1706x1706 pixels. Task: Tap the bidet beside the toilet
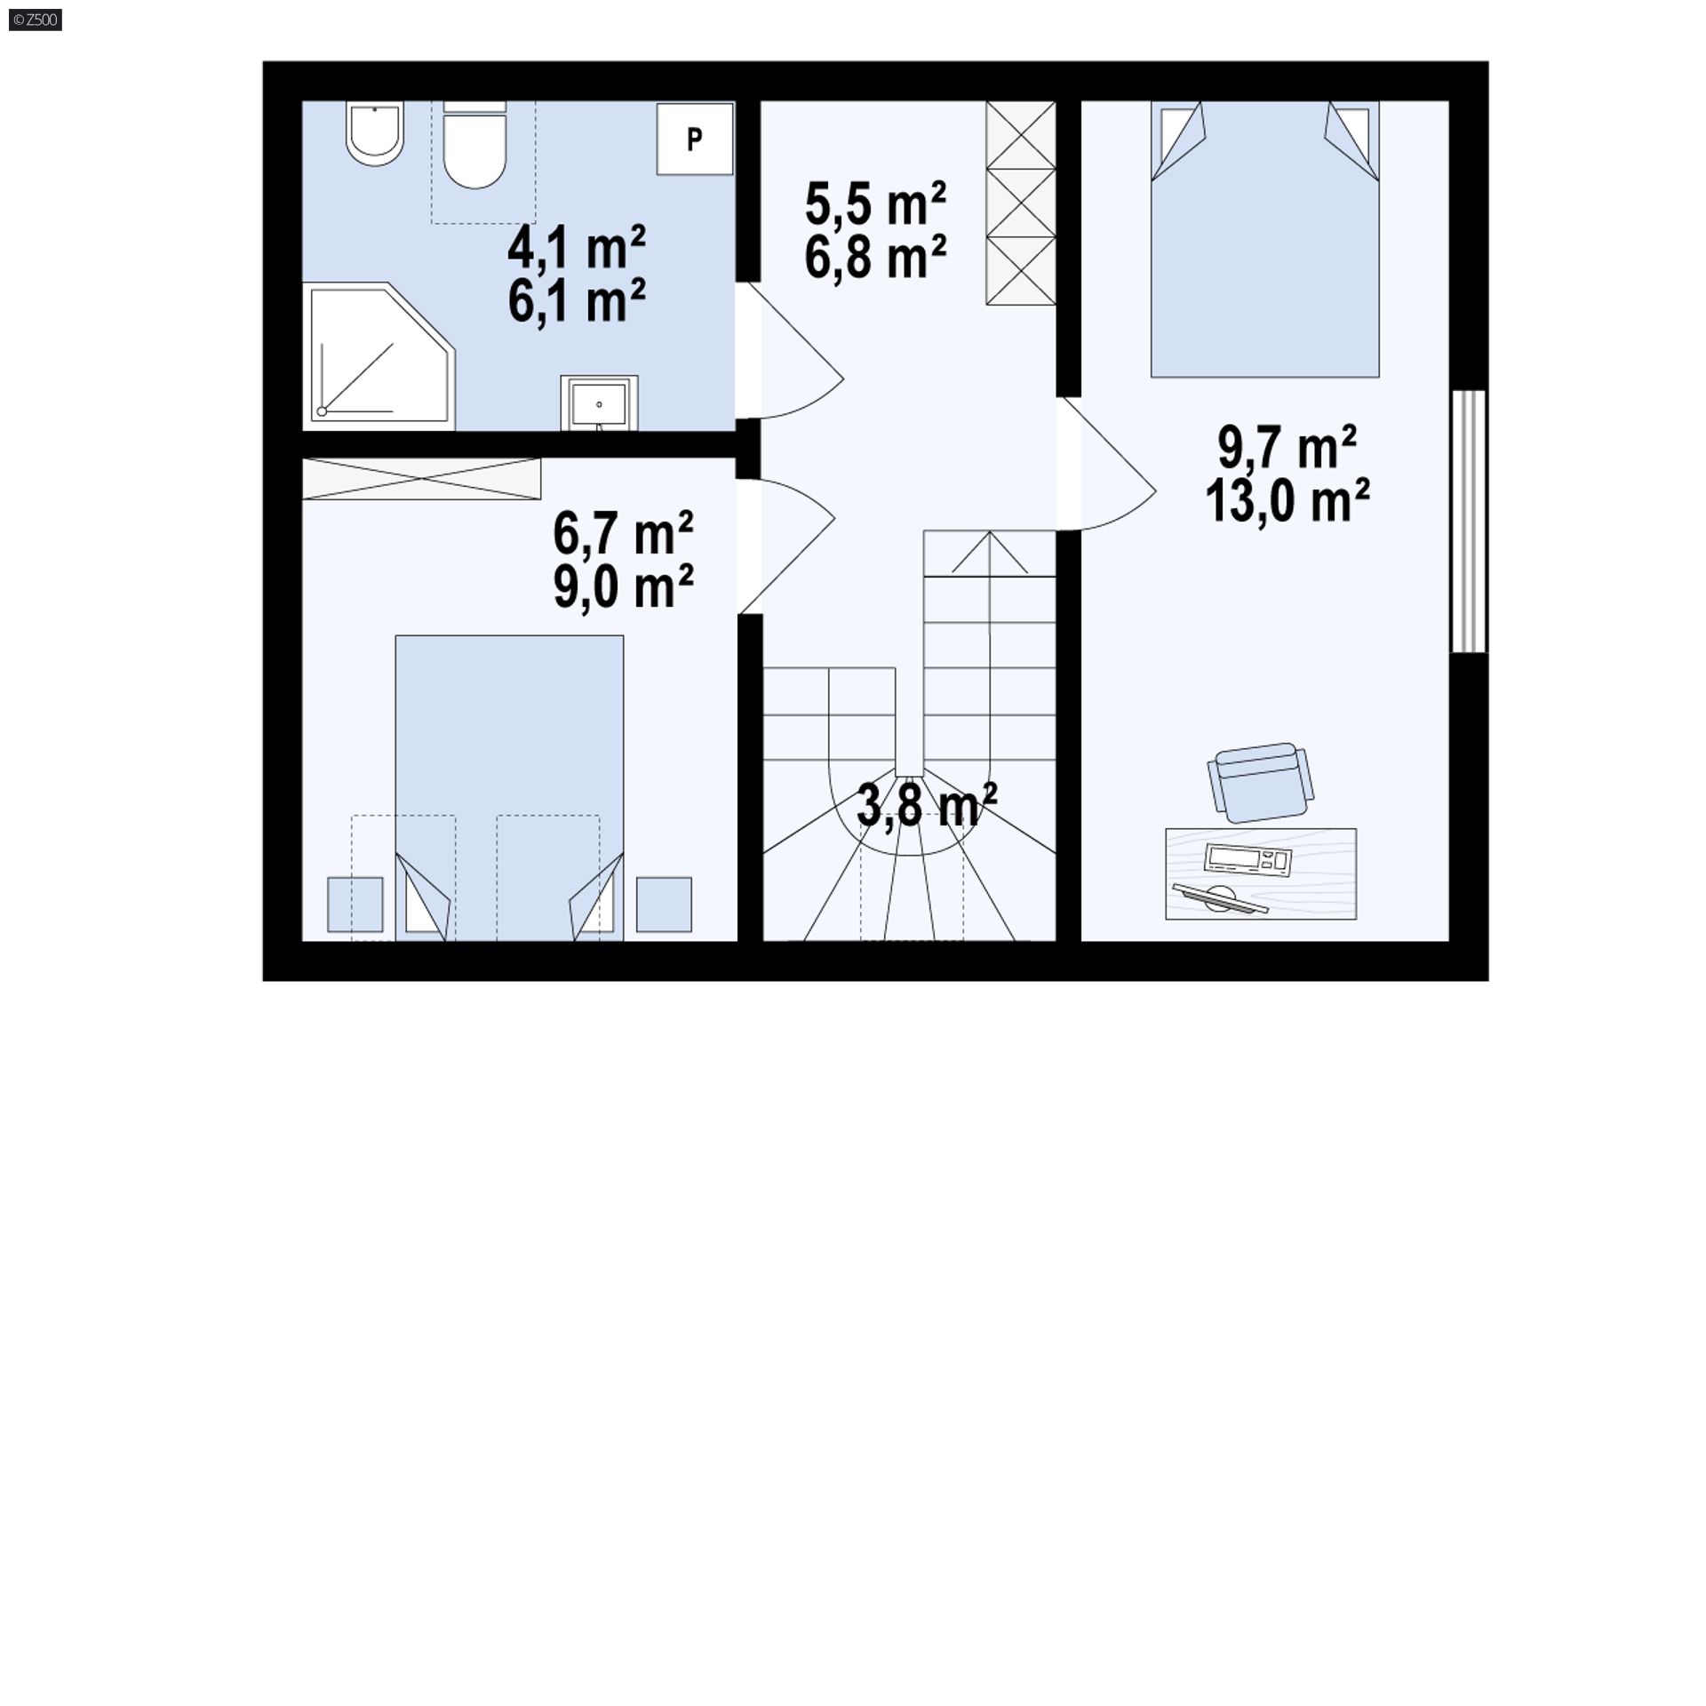(376, 133)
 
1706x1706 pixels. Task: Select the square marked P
(695, 139)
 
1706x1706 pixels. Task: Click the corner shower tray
(379, 356)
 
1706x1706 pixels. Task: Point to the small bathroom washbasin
(599, 403)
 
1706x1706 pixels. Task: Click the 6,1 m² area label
(577, 301)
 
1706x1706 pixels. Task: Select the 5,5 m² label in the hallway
(875, 203)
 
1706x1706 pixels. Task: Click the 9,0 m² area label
(623, 586)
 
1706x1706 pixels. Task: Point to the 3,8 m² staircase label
(927, 804)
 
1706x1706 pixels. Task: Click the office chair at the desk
(1259, 783)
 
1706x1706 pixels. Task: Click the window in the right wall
(1468, 522)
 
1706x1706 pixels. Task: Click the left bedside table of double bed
(355, 905)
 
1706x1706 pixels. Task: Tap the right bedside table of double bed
(664, 905)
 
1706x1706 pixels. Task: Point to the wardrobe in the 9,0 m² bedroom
(421, 479)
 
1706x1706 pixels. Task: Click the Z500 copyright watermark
(36, 20)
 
